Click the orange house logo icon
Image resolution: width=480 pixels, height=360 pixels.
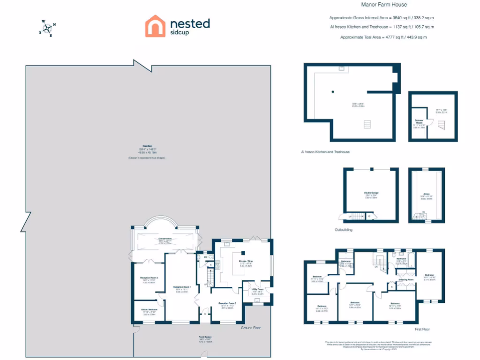click(155, 26)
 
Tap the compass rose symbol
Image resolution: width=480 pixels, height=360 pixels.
click(47, 28)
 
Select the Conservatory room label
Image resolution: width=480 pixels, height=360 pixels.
click(165, 239)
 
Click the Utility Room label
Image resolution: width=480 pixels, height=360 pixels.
click(258, 290)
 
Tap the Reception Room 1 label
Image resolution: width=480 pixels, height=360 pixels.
click(181, 287)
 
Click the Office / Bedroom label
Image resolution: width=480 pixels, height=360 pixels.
click(149, 310)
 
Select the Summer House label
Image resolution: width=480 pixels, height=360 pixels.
click(419, 121)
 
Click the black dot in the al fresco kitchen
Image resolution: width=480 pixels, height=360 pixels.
click(332, 91)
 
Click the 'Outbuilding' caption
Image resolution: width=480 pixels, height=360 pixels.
click(343, 230)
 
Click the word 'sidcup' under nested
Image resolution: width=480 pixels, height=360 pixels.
click(180, 33)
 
